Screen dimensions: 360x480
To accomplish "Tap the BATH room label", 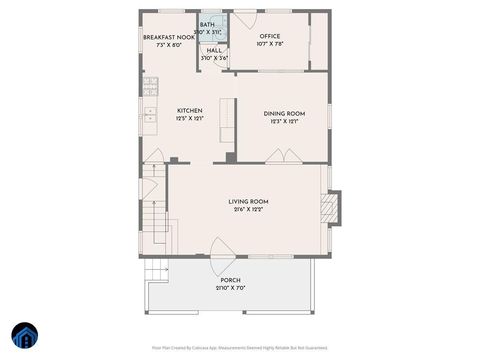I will [207, 25].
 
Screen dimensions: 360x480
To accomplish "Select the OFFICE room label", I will [270, 37].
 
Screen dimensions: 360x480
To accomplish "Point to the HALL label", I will [215, 51].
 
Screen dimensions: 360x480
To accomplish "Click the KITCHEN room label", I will [190, 111].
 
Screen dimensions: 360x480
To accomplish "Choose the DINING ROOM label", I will [284, 114].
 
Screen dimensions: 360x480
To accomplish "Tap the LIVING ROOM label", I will [248, 202].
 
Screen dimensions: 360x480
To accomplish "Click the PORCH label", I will [230, 280].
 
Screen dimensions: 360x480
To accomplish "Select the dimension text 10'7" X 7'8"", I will [270, 45].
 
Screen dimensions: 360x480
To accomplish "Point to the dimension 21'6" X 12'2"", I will [248, 210].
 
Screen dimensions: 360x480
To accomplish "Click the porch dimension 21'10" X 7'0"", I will [230, 288].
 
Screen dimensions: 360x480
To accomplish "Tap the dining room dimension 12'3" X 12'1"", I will [284, 122].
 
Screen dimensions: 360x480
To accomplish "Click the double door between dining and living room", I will [282, 156].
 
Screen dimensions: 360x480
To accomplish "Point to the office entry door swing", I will [246, 20].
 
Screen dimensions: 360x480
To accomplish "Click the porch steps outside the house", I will [155, 269].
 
